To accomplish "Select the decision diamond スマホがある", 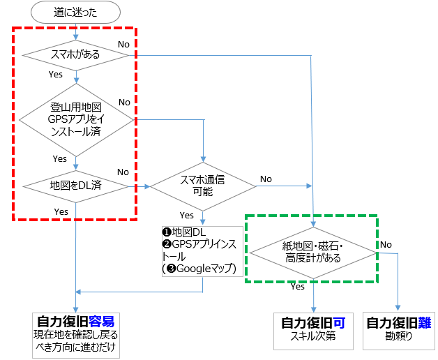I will tap(76, 54).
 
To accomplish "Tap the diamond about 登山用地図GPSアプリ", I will tap(76, 119).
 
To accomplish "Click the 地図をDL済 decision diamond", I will tap(76, 186).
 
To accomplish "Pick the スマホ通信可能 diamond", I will tap(203, 186).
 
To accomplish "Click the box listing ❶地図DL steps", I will tap(203, 249).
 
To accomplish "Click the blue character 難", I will tap(426, 324).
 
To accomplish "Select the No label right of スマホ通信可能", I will tap(266, 179).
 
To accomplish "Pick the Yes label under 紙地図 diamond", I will tap(298, 286).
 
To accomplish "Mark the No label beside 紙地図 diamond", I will tap(386, 244).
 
